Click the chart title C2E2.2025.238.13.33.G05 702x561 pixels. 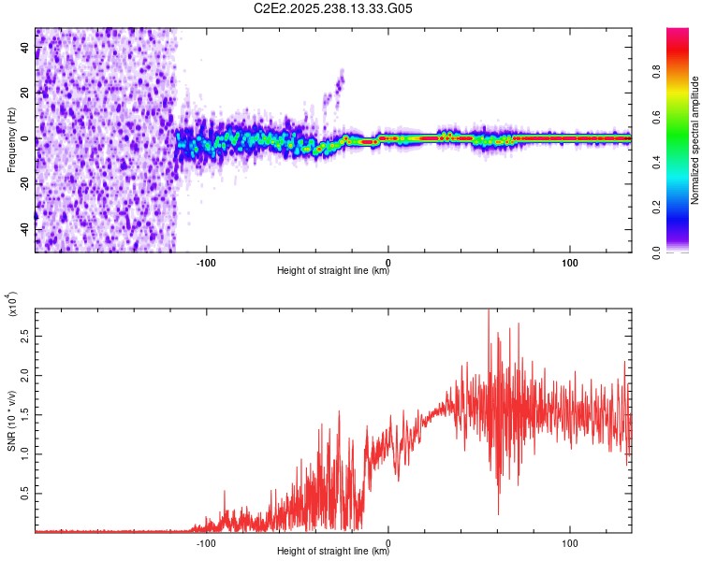[x=333, y=9]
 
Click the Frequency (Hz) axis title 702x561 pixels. [x=11, y=140]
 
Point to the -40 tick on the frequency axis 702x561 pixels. [x=24, y=227]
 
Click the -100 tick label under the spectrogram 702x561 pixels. [x=206, y=262]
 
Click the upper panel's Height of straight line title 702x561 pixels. [x=333, y=272]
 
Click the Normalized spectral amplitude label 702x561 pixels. [x=695, y=140]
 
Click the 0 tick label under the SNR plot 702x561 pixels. [x=388, y=541]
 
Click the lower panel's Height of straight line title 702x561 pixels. [x=333, y=552]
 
